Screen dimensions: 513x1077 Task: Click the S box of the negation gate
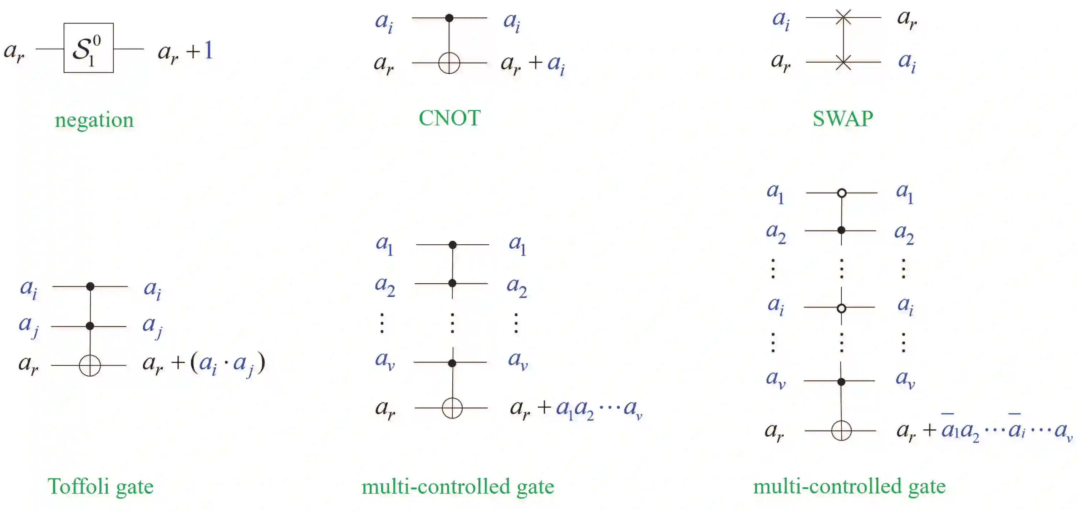88,48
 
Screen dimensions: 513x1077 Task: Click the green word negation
94,120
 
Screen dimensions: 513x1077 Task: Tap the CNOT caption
449,118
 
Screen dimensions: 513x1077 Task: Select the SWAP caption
842,119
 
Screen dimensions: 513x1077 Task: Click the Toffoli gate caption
100,486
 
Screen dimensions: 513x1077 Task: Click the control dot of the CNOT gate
449,18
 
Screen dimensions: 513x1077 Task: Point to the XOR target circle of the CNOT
449,63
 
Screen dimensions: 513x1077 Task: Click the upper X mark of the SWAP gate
843,18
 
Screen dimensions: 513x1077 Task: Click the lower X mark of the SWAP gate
843,62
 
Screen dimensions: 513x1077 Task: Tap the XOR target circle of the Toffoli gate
90,365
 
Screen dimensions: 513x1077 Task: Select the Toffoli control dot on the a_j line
90,326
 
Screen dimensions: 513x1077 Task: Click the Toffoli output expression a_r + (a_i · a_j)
203,363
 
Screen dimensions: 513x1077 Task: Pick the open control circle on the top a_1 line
842,193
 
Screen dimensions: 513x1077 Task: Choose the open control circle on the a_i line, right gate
842,308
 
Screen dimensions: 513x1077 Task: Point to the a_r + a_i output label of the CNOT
533,64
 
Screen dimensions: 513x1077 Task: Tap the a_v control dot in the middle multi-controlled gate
452,363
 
